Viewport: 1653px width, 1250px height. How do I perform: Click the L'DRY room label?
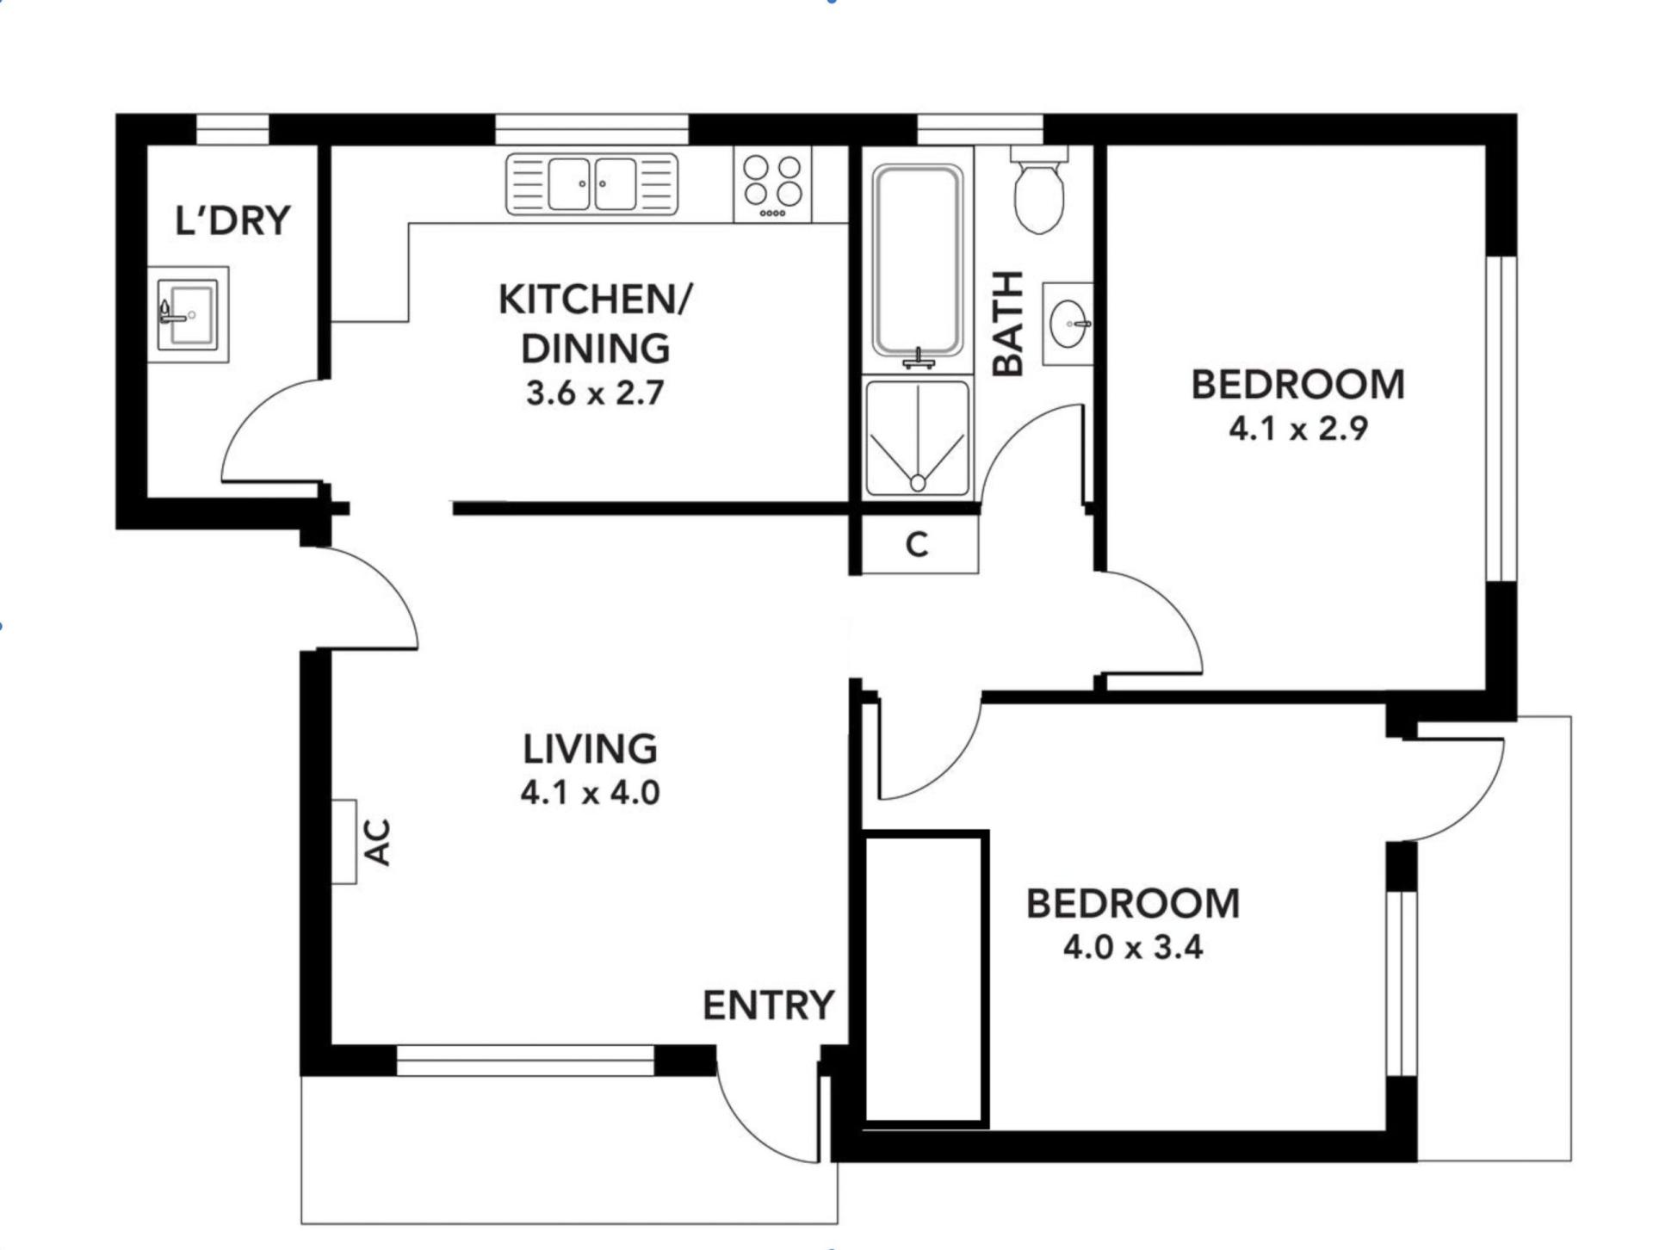[x=232, y=220]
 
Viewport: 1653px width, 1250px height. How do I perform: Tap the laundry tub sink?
[x=188, y=314]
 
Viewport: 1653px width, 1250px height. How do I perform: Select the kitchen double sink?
[x=591, y=183]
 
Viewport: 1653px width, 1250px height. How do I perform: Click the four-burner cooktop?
[x=772, y=184]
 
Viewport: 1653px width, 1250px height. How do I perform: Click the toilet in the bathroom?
[x=1039, y=189]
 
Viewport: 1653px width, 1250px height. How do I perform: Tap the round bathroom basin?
[x=1068, y=324]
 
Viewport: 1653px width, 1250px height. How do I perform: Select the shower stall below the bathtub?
[x=918, y=438]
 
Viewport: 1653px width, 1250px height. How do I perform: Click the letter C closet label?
[x=918, y=545]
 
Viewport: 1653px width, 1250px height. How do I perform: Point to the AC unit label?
[x=378, y=842]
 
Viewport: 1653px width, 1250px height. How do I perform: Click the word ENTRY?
[x=768, y=1006]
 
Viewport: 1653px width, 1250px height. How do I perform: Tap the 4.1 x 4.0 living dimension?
[x=590, y=792]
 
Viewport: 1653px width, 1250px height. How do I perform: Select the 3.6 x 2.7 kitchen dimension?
[x=595, y=393]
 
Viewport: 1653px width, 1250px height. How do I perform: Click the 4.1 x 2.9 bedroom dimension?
[x=1298, y=428]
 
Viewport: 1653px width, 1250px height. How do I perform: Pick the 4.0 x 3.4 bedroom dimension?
[x=1133, y=947]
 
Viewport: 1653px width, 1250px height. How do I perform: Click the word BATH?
[x=1008, y=324]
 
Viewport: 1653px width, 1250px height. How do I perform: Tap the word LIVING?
[x=590, y=749]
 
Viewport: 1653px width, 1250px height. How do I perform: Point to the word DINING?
[x=595, y=348]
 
